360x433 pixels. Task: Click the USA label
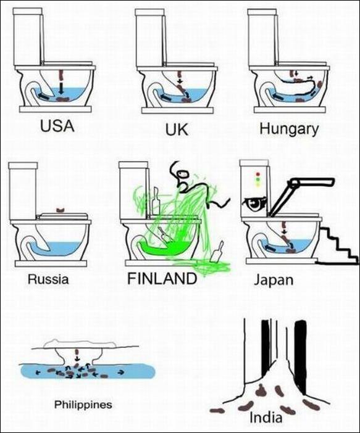pos(57,126)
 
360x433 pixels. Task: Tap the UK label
pos(177,130)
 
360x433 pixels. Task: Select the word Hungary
pos(289,130)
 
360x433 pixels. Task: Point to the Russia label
pos(48,279)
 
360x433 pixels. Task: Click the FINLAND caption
pos(162,278)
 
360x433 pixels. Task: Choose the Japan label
pos(274,280)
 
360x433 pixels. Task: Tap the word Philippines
pos(83,405)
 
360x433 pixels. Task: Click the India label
pos(266,417)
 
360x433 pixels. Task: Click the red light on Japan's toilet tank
pos(258,174)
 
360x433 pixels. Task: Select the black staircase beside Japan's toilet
pos(337,245)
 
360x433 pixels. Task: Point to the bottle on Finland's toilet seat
pos(156,201)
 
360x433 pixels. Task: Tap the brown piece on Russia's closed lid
pos(61,210)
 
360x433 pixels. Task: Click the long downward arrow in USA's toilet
pos(61,88)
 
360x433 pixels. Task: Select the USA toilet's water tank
pos(28,37)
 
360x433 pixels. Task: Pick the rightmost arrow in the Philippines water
pos(121,373)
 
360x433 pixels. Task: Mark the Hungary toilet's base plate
pos(289,110)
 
